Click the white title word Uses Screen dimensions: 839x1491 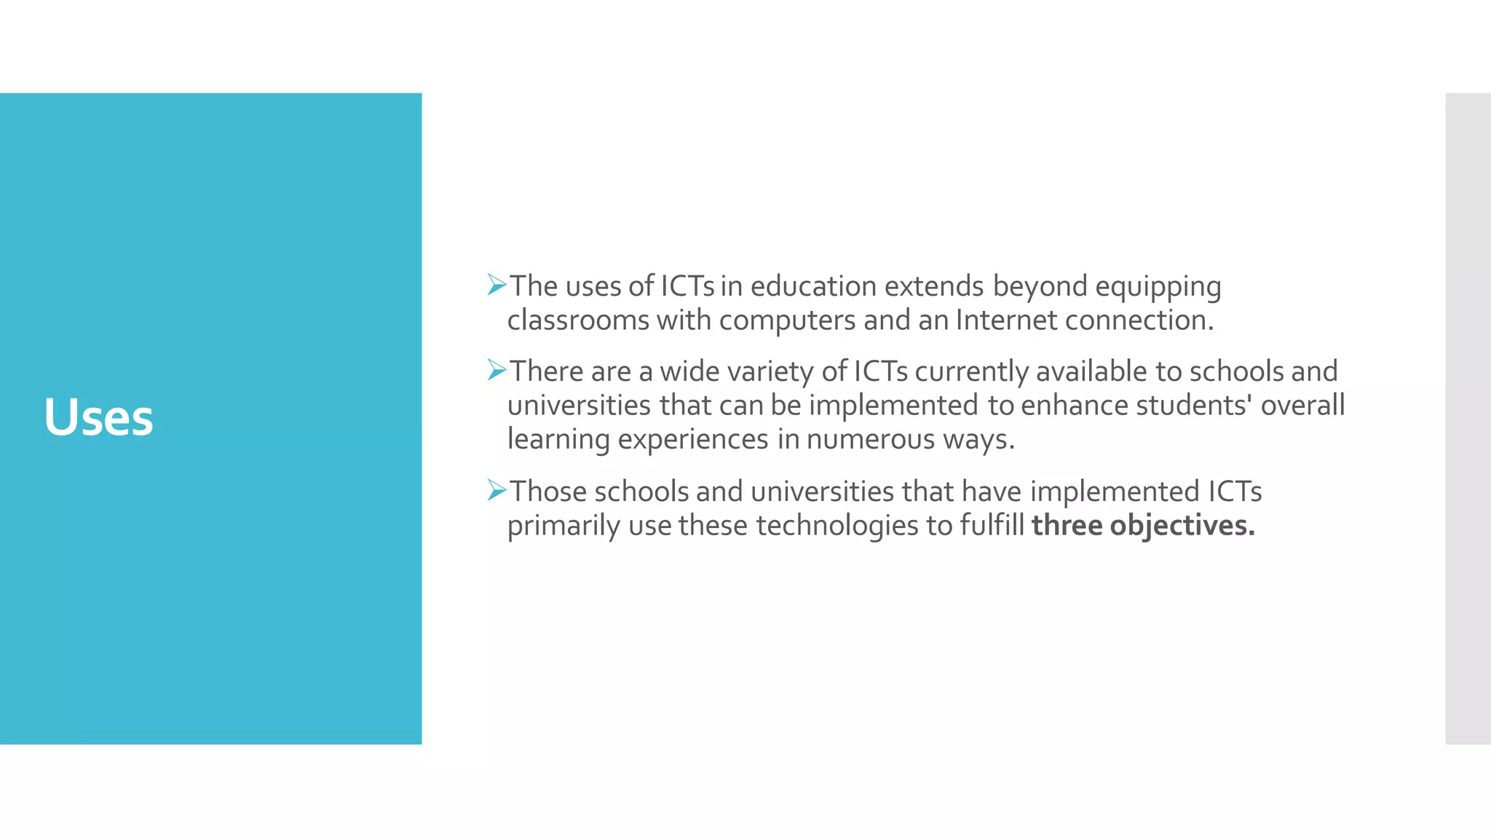pyautogui.click(x=98, y=417)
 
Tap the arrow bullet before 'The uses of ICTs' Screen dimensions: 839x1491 pyautogui.click(x=497, y=285)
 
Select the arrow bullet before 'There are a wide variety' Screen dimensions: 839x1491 pyautogui.click(x=497, y=370)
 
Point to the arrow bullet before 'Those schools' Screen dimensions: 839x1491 pyautogui.click(x=497, y=490)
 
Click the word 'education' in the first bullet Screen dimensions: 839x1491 pyautogui.click(x=813, y=286)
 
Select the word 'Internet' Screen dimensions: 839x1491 pyautogui.click(x=1005, y=320)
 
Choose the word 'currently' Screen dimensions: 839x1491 pyautogui.click(x=971, y=372)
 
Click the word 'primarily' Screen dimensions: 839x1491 pyautogui.click(x=563, y=526)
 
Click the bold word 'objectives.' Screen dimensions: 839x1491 pyautogui.click(x=1182, y=526)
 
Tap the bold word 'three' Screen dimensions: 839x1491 pyautogui.click(x=1067, y=526)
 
